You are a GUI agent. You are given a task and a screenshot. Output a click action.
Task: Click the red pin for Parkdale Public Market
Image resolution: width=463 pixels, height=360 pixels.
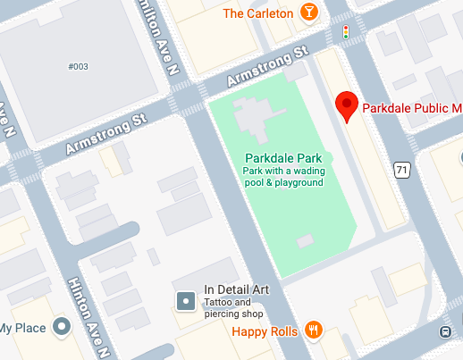pyautogui.click(x=347, y=105)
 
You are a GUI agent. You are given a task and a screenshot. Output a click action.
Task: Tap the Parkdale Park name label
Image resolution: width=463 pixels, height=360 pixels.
pyautogui.click(x=283, y=157)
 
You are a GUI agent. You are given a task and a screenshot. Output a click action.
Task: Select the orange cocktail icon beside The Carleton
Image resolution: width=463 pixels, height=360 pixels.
pyautogui.click(x=308, y=13)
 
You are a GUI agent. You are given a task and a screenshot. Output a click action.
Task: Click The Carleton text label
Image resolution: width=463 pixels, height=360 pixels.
pyautogui.click(x=258, y=13)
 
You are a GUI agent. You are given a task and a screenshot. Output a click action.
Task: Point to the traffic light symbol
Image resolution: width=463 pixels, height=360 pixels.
pyautogui.click(x=346, y=31)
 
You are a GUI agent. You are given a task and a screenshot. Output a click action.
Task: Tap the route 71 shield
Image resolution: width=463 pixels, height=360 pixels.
pyautogui.click(x=404, y=169)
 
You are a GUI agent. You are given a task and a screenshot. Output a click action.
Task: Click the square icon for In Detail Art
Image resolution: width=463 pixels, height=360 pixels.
pyautogui.click(x=185, y=301)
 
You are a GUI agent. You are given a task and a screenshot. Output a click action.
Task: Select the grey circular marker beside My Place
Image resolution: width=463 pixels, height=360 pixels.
pyautogui.click(x=62, y=328)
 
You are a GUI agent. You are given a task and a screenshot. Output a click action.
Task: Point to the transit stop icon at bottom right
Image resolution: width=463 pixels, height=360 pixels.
pyautogui.click(x=445, y=332)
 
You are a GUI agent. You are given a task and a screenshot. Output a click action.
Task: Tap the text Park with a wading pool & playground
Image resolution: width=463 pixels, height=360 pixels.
pyautogui.click(x=283, y=176)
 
